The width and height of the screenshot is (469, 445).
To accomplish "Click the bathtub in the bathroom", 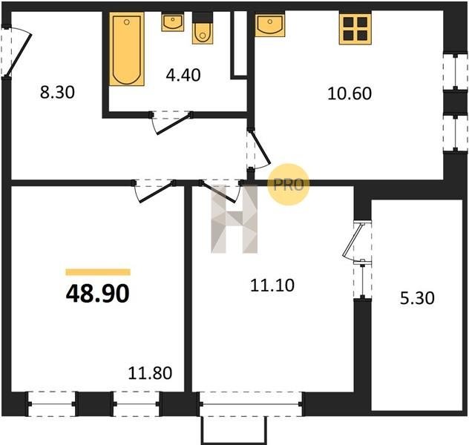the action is pos(127,49).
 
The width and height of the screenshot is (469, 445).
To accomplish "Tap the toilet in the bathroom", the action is pos(203,29).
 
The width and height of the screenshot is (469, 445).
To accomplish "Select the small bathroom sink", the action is pos(173,22).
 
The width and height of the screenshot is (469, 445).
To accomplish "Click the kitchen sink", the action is pos(270,24).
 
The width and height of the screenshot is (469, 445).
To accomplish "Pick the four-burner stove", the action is pos(355,29).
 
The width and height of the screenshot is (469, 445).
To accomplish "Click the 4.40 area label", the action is pos(183,75).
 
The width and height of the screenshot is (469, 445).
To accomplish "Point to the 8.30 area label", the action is pos(57,92).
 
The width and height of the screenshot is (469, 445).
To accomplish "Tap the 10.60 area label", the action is pos(350,93).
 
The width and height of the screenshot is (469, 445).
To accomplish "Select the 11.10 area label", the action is pos(272,285).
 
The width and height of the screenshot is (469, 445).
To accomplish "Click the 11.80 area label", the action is pos(150,373).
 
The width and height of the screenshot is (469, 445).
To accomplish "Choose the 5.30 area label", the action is pos(417,298).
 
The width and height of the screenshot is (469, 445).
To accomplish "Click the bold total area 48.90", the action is pos(98,294).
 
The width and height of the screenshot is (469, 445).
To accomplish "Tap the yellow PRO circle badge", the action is pos(288,185).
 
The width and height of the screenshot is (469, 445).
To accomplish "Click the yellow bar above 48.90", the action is pos(98,272).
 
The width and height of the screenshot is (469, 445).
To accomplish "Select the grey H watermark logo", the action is pos(234,219).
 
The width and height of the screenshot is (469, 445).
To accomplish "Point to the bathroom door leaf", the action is pos(174,124).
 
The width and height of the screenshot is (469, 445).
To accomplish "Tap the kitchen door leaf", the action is pos(260,147).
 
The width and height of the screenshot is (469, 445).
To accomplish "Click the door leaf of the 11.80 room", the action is pos(157,192).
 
